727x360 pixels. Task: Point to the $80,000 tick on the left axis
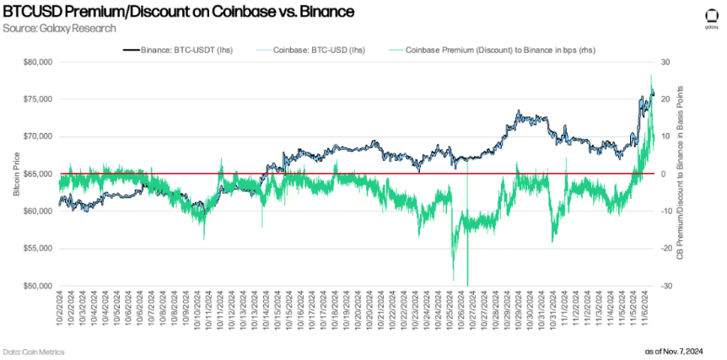coord(39,62)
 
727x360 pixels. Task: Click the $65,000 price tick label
coord(39,174)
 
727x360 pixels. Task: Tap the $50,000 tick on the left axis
coord(39,286)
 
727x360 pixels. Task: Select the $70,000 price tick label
coord(39,137)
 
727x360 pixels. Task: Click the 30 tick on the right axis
coord(665,62)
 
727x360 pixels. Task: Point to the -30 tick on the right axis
coord(665,286)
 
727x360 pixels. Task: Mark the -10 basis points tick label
coord(665,211)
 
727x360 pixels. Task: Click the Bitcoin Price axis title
coord(15,174)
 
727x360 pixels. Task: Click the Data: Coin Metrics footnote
coord(34,351)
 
